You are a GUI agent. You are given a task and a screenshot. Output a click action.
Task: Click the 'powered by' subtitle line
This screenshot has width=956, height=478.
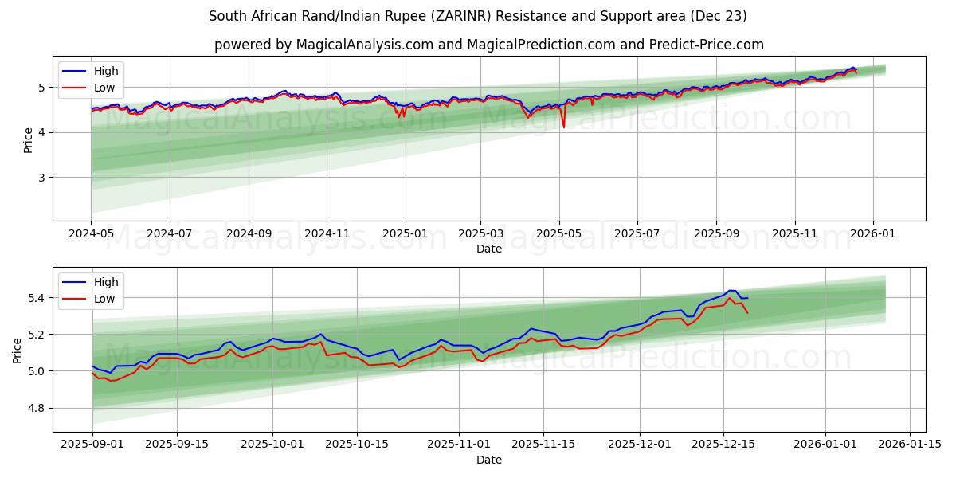tap(488, 45)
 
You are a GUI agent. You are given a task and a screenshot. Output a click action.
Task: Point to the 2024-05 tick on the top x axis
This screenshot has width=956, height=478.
tap(92, 234)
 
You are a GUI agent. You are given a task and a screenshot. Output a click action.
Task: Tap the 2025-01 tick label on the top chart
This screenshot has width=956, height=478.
tap(406, 234)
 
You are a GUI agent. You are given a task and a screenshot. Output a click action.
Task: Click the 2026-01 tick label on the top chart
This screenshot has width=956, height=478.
tap(873, 234)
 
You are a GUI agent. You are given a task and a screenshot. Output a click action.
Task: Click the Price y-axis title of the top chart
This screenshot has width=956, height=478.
tap(29, 139)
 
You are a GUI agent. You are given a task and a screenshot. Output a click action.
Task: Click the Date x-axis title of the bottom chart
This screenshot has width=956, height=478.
tap(488, 460)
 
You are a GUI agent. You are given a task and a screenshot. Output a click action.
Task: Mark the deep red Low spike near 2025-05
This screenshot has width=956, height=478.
tap(564, 127)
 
